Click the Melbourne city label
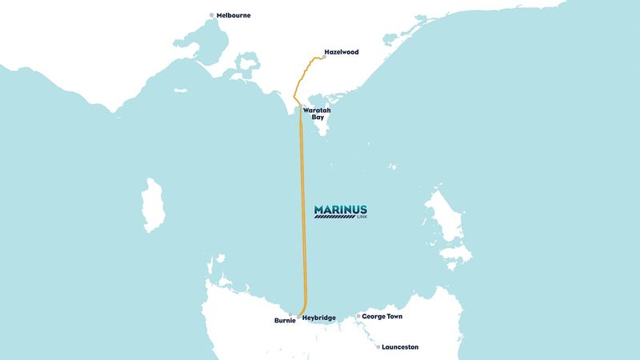pyautogui.click(x=234, y=15)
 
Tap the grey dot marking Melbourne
pyautogui.click(x=212, y=15)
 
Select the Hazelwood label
pyautogui.click(x=342, y=53)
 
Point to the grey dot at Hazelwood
pyautogui.click(x=323, y=57)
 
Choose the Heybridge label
pyautogui.click(x=325, y=318)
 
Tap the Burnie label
pyautogui.click(x=285, y=321)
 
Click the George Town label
pyautogui.click(x=382, y=317)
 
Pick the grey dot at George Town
pyautogui.click(x=358, y=317)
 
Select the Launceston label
pyautogui.click(x=401, y=347)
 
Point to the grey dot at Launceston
pyautogui.click(x=378, y=347)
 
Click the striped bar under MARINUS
pyautogui.click(x=335, y=217)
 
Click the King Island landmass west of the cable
pyautogui.click(x=150, y=205)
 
